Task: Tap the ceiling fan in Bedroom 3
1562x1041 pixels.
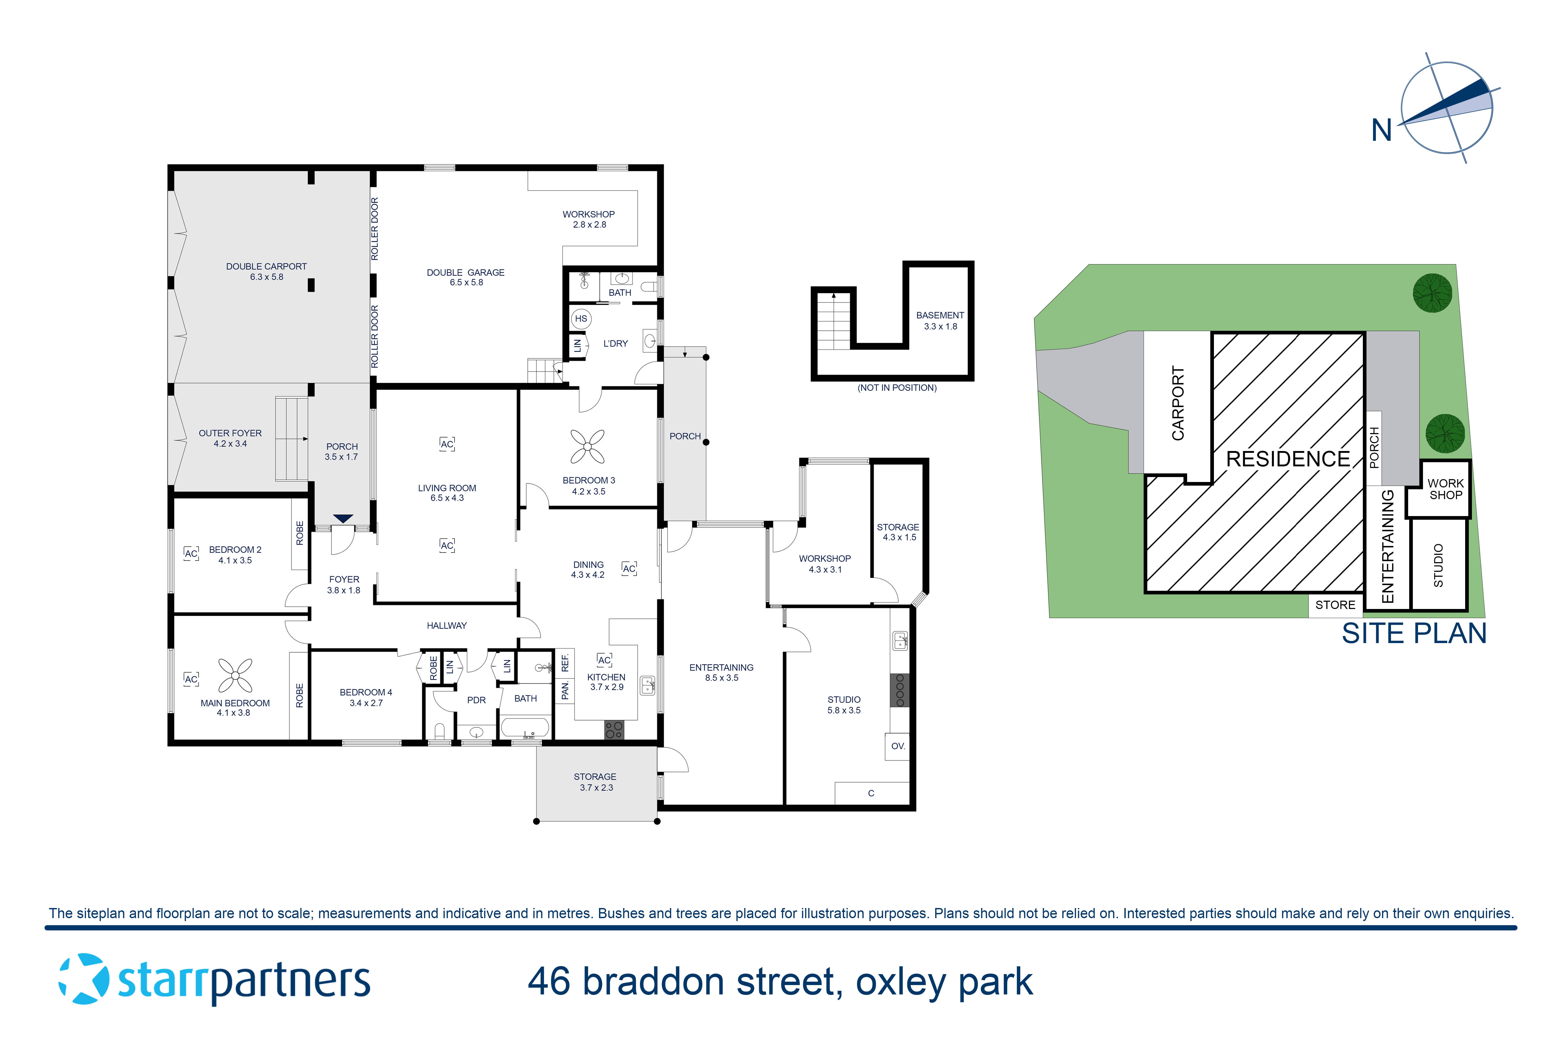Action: [x=588, y=446]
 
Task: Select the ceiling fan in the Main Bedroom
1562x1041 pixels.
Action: [x=235, y=675]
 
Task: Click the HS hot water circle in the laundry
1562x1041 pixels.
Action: [x=581, y=319]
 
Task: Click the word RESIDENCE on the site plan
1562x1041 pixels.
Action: [x=1288, y=459]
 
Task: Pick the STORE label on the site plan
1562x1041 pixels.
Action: [x=1335, y=605]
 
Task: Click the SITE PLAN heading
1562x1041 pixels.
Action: [x=1414, y=633]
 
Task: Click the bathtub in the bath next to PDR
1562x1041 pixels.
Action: [x=525, y=728]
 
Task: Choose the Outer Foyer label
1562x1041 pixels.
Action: [x=230, y=438]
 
